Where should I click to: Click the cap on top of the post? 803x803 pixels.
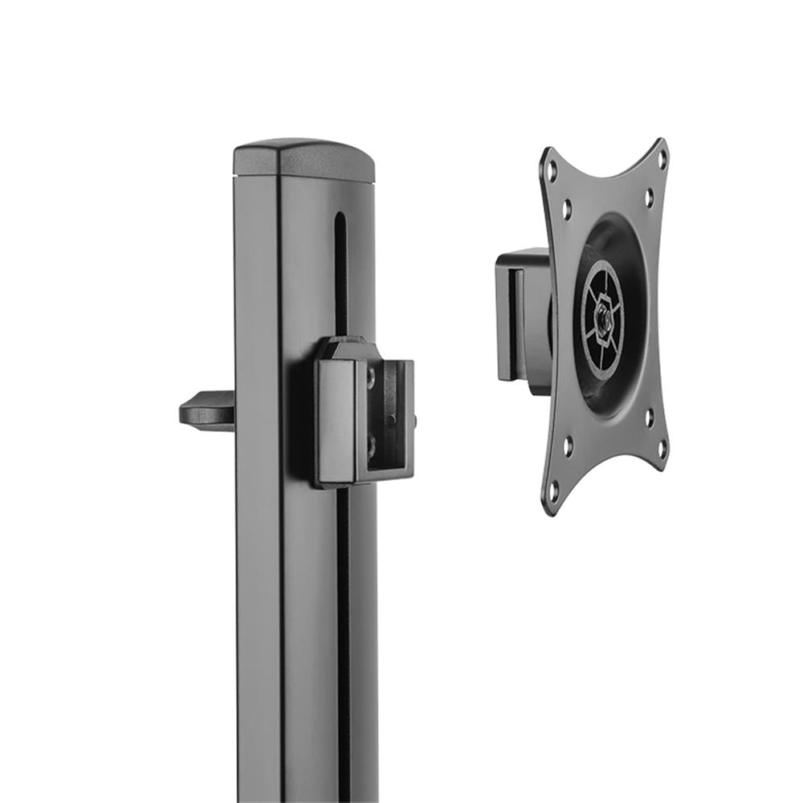(x=304, y=159)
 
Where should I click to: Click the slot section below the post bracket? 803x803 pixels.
(x=344, y=626)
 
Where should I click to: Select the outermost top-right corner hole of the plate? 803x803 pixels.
(x=662, y=158)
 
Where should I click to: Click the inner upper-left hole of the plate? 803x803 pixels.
(x=566, y=210)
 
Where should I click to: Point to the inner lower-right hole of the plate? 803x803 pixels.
(x=649, y=418)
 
